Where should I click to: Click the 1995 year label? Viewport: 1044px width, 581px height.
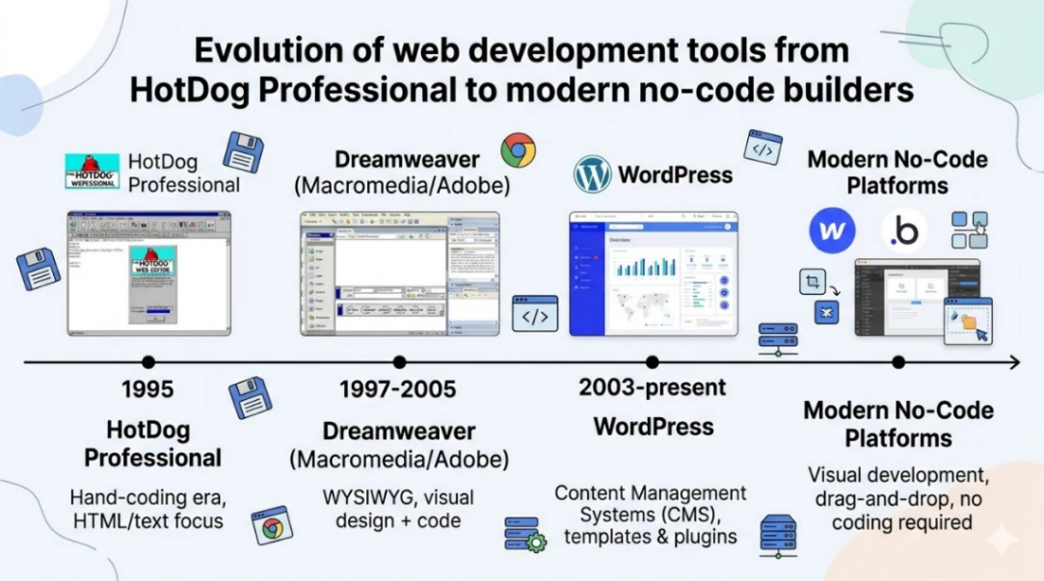click(x=147, y=389)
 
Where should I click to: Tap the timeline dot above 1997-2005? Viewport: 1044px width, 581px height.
click(x=399, y=362)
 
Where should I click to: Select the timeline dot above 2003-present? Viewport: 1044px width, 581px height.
click(x=653, y=362)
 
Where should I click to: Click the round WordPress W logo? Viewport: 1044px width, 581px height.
click(x=593, y=174)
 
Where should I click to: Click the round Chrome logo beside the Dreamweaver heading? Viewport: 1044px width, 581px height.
click(x=518, y=150)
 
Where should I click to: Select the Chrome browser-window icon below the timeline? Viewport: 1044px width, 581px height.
click(x=273, y=526)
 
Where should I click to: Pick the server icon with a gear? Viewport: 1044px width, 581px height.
click(x=525, y=534)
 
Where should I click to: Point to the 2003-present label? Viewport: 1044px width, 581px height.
click(x=653, y=387)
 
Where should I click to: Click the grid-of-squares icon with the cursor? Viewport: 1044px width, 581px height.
click(x=969, y=230)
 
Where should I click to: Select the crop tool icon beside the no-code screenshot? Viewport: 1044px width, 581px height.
click(x=813, y=282)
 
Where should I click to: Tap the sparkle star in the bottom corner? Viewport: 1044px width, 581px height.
click(x=1003, y=540)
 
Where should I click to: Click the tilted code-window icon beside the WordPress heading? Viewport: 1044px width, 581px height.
click(x=763, y=148)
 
